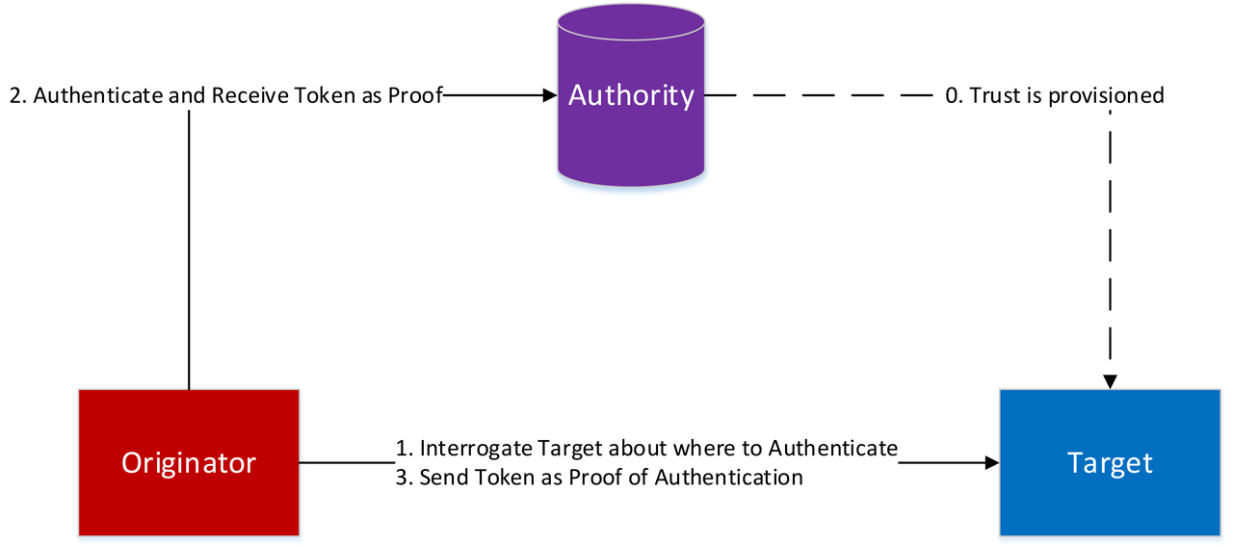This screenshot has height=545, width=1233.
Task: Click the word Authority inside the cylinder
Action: (x=631, y=95)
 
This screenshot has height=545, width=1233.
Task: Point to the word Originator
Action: (x=189, y=463)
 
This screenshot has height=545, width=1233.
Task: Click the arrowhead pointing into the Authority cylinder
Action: (x=551, y=95)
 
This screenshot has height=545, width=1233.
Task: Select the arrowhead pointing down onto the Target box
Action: (x=1110, y=382)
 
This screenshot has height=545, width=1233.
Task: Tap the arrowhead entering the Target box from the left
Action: (x=991, y=463)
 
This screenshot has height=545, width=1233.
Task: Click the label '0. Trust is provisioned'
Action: (x=1055, y=95)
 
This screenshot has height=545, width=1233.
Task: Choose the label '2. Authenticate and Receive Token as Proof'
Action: (x=225, y=95)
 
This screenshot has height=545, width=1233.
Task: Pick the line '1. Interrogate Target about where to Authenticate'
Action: (x=646, y=449)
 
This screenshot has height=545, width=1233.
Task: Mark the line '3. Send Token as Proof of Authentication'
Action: (x=599, y=477)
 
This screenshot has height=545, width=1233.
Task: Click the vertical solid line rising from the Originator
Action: (x=189, y=250)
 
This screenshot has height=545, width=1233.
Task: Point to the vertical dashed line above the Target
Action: (x=1110, y=241)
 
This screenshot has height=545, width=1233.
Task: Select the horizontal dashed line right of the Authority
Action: (x=819, y=95)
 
